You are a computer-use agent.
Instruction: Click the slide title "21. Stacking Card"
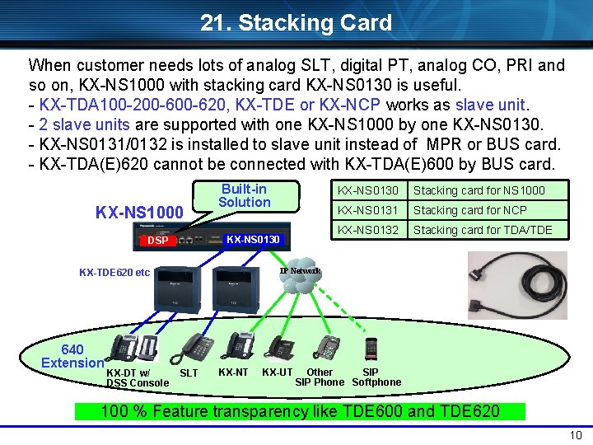click(296, 22)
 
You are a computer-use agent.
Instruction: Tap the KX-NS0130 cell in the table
click(367, 191)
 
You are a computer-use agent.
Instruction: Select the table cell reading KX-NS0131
click(367, 210)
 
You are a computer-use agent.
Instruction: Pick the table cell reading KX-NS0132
click(367, 230)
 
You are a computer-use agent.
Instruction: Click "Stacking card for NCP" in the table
click(470, 210)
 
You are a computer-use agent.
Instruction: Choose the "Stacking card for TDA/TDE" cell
click(482, 230)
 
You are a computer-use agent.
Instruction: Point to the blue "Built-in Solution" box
click(244, 195)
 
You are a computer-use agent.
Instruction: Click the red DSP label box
click(157, 241)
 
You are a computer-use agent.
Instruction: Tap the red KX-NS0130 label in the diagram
click(253, 240)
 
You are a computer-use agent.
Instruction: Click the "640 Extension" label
click(72, 356)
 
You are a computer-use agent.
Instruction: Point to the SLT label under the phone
click(189, 373)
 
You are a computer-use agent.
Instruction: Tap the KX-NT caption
click(233, 372)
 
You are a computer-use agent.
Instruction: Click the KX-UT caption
click(277, 372)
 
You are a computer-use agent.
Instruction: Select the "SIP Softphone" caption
click(376, 377)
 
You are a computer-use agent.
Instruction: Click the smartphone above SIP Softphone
click(371, 349)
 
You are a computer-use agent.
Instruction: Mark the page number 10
click(575, 435)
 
